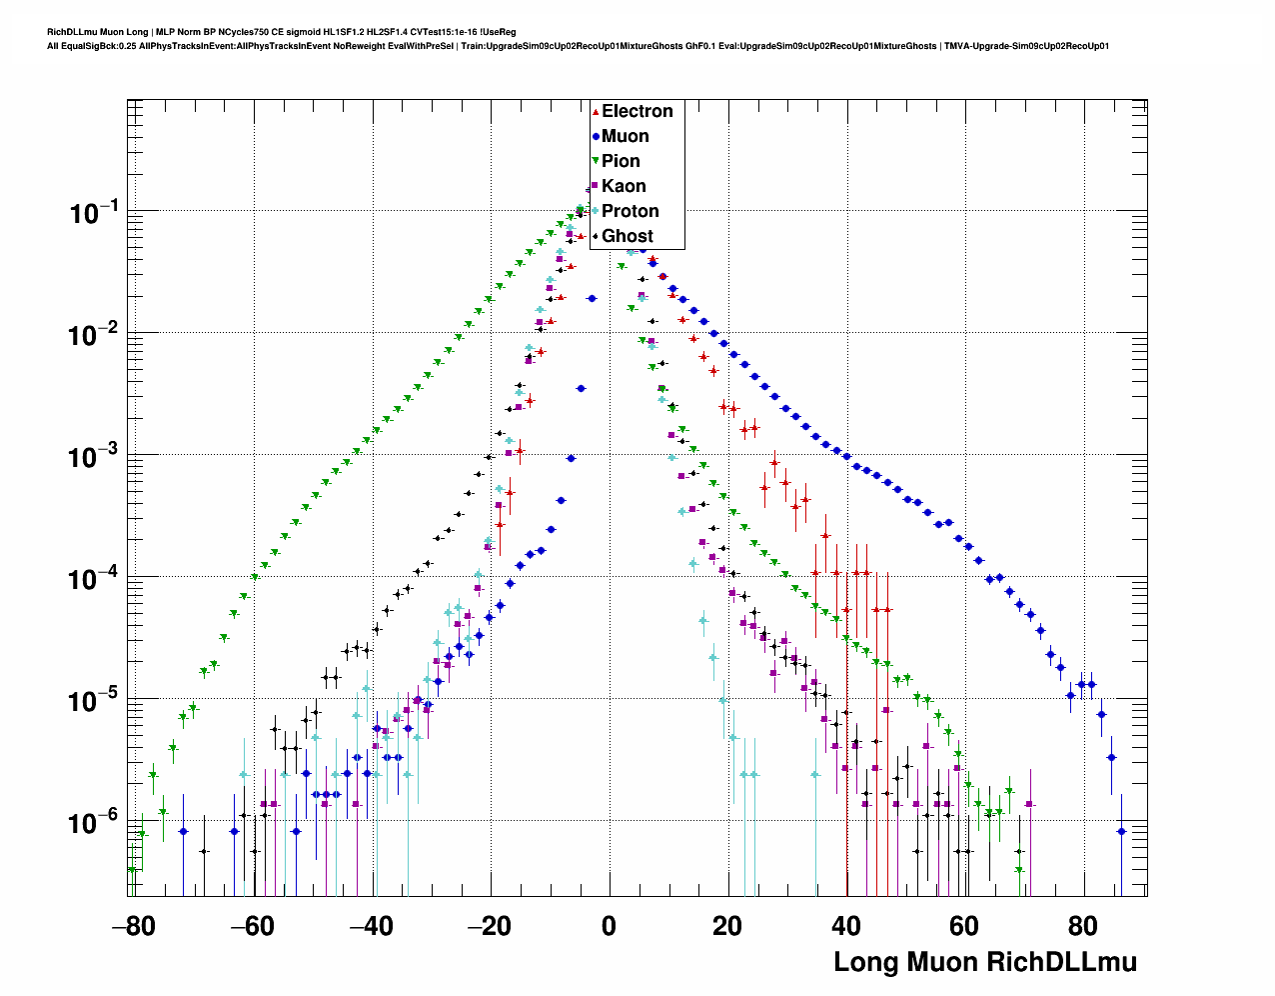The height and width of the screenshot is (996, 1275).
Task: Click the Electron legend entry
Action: click(x=637, y=111)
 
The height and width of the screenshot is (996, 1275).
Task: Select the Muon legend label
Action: click(x=625, y=136)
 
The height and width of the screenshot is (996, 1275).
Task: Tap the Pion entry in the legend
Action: click(x=621, y=161)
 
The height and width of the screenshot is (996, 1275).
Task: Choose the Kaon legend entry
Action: click(x=624, y=186)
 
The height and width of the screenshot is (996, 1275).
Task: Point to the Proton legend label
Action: click(x=630, y=211)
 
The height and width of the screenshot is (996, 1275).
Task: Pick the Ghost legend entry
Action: click(x=627, y=236)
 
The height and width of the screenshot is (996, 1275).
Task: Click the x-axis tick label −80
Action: click(x=133, y=926)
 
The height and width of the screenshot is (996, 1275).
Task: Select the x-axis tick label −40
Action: click(x=371, y=926)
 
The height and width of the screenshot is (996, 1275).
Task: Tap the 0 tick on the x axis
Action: click(x=609, y=926)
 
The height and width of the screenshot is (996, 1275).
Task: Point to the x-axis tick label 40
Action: click(x=846, y=926)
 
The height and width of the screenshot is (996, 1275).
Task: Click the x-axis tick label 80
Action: click(x=1083, y=926)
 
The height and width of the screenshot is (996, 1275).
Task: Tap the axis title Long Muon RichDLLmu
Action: click(x=985, y=962)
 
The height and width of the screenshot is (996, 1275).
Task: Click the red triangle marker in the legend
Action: click(x=596, y=111)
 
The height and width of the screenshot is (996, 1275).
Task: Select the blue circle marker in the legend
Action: click(x=596, y=136)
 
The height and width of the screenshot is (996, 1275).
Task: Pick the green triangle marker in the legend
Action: click(x=596, y=161)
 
